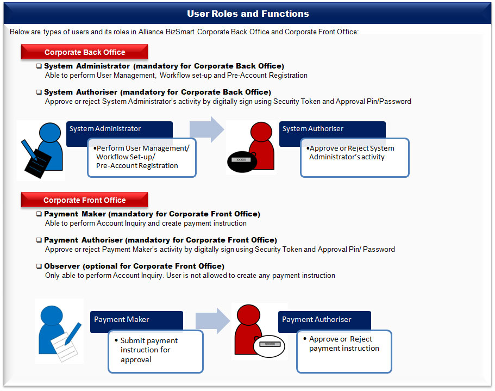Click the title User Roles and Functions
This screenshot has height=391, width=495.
coord(248,14)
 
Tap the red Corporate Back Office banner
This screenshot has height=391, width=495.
coord(84,52)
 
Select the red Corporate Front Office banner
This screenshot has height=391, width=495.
coord(84,200)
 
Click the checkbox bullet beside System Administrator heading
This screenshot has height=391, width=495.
coord(39,66)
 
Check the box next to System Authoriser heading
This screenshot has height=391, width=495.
coord(39,92)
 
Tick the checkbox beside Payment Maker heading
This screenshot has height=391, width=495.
coord(39,214)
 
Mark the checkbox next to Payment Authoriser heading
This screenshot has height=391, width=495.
coord(39,240)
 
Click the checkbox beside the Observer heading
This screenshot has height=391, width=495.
coord(39,266)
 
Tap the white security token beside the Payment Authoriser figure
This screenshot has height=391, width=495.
coord(269,346)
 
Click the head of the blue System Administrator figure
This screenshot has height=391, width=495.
coord(50,133)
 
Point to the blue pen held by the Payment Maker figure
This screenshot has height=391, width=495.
coord(73,333)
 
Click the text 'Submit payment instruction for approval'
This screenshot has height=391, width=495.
coord(149,350)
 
